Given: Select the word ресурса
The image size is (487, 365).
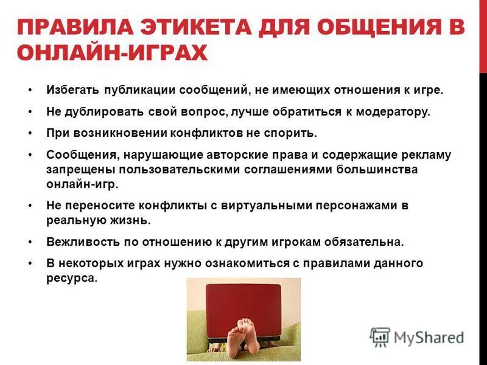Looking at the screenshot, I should click(x=71, y=277).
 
